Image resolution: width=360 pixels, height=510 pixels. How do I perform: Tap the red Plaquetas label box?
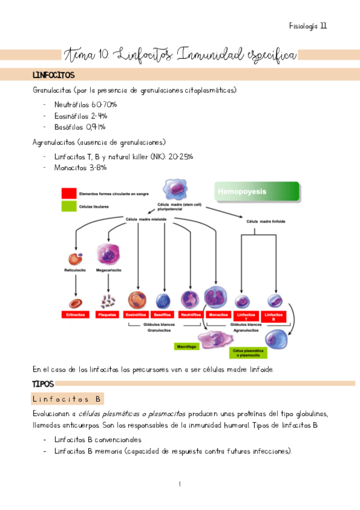[x=108, y=315]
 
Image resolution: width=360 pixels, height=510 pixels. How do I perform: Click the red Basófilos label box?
[x=163, y=315]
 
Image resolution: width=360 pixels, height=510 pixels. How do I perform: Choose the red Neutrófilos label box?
[x=189, y=315]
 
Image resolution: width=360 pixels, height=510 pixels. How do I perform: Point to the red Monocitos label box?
[x=217, y=315]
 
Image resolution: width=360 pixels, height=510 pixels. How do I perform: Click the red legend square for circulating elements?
[x=68, y=194]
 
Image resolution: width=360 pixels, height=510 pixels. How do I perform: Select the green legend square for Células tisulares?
[x=68, y=207]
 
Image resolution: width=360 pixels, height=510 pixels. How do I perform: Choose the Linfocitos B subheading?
[x=67, y=399]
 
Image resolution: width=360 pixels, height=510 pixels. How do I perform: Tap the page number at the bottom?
[x=180, y=484]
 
